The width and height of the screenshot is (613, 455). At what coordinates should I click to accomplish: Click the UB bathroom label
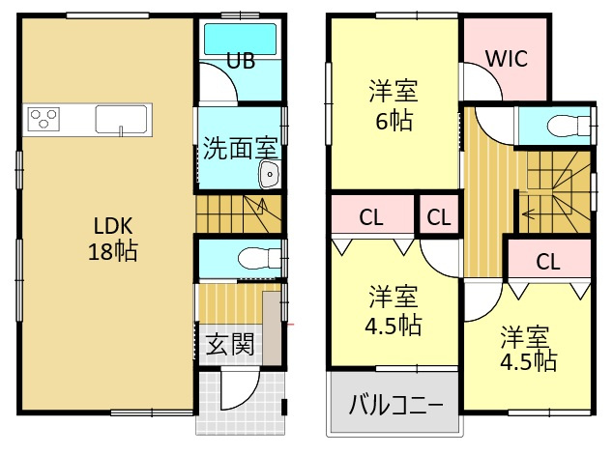coord(241,61)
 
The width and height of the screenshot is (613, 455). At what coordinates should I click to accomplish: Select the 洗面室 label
coord(240,149)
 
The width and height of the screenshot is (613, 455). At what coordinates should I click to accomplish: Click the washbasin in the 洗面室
coord(269,175)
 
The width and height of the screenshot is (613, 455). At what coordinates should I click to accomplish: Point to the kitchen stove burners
coord(44,119)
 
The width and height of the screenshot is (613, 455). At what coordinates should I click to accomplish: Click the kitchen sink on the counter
coord(122,120)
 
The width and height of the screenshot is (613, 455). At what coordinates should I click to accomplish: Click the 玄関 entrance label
coord(230,344)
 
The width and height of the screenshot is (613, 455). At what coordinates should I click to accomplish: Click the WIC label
coord(505,57)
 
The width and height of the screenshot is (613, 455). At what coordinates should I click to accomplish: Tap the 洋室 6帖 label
coord(393,107)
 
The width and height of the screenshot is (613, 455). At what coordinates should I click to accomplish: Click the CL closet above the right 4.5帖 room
coord(548,261)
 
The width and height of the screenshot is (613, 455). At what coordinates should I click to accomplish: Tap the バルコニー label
coord(394,402)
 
